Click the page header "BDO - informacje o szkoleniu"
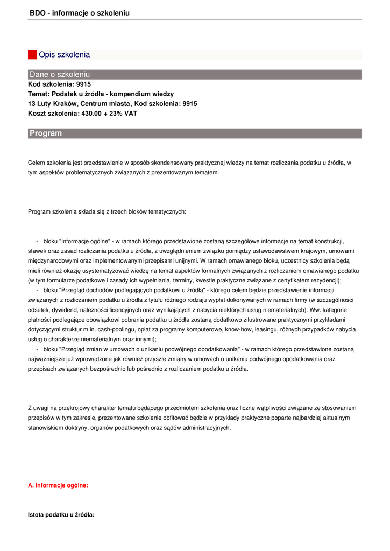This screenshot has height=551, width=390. pyautogui.click(x=80, y=13)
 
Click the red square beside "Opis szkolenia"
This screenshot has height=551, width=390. pyautogui.click(x=32, y=54)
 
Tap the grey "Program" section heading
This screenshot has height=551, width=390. pyautogui.click(x=46, y=133)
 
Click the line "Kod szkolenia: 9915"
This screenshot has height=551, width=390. pyautogui.click(x=59, y=84)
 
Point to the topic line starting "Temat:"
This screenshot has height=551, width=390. pyautogui.click(x=101, y=94)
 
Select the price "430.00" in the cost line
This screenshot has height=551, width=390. pyautogui.click(x=91, y=114)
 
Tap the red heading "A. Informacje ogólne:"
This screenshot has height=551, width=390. pyautogui.click(x=58, y=485)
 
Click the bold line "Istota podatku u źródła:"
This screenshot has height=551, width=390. pyautogui.click(x=61, y=515)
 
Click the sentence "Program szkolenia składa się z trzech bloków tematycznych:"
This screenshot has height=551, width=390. pyautogui.click(x=107, y=211)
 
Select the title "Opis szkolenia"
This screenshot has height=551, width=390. pyautogui.click(x=64, y=54)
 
